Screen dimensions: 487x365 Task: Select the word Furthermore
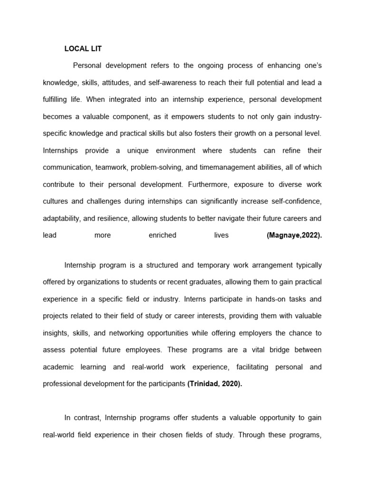pyautogui.click(x=208, y=184)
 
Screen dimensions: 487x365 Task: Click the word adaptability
pyautogui.click(x=61, y=218)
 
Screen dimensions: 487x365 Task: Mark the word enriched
pyautogui.click(x=163, y=235)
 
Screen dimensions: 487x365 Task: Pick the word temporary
pyautogui.click(x=208, y=264)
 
